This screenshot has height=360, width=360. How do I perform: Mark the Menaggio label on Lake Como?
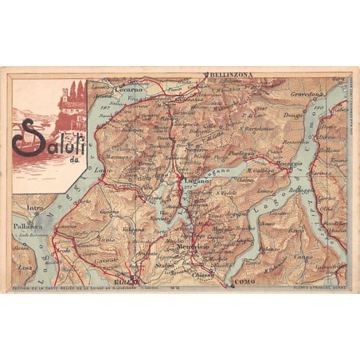coord(290,163)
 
